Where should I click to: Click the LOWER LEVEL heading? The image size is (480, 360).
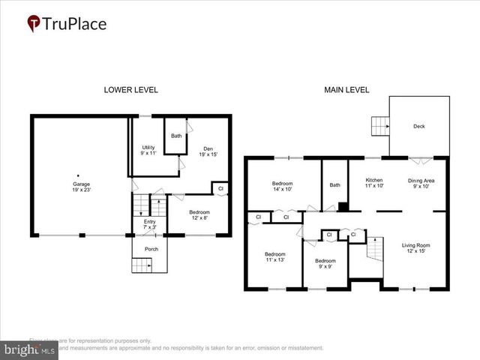pos(130,90)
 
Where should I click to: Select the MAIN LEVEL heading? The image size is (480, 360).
pos(346,90)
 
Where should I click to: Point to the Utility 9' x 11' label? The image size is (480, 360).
pos(148,150)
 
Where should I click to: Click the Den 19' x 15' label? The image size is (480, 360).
pos(206,150)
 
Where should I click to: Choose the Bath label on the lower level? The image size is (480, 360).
pos(175,136)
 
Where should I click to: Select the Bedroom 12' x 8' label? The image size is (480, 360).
pos(199,215)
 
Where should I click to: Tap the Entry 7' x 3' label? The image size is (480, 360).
pos(148,224)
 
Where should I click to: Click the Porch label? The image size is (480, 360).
pos(151,249)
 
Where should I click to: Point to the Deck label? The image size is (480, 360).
pos(418,126)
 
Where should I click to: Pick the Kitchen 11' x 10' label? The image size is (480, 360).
pos(374,183)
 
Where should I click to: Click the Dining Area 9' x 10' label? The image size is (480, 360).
pos(421,183)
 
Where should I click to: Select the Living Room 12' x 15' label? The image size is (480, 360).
pos(415,248)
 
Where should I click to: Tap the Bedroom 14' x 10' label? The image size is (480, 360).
pos(282,186)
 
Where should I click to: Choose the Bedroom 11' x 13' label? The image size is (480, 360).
pos(275,257)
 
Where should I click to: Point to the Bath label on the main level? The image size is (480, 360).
pos(334,184)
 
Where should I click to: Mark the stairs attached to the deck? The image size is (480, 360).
pos(379,126)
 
